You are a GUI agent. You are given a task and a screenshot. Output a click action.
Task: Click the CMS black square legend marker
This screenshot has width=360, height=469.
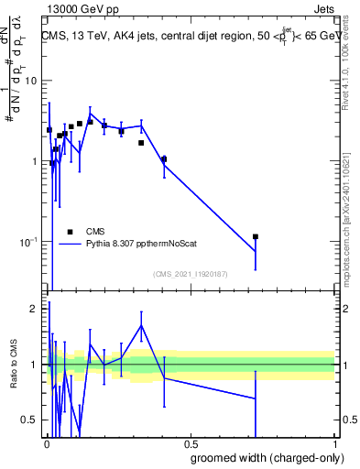tap(70, 232)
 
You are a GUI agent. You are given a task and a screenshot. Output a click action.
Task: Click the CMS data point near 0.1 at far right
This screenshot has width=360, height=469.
tap(256, 237)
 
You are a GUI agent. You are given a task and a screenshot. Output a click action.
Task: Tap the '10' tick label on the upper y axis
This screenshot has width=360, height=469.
tap(32, 81)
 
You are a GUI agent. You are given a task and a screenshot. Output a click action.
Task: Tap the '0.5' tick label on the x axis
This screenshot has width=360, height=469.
tap(191, 443)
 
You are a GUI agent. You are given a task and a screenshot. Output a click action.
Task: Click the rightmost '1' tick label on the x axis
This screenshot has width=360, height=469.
tap(334, 443)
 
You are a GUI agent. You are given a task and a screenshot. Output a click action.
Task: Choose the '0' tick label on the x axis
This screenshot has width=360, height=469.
tap(46, 443)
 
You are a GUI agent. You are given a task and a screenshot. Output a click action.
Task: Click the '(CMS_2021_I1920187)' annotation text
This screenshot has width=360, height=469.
tap(191, 273)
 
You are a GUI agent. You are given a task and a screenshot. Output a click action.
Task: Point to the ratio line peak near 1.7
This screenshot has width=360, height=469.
tap(141, 325)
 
